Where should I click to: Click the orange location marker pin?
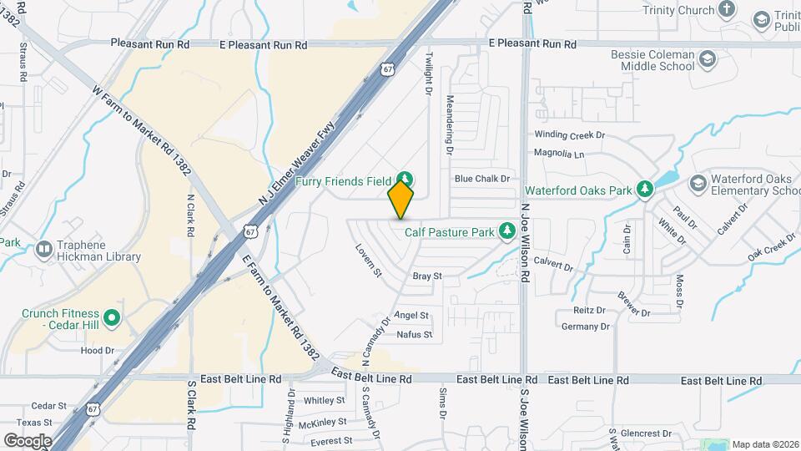tap(401, 199)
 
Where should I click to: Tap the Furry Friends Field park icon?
tap(405, 179)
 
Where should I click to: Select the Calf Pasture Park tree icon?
tap(506, 231)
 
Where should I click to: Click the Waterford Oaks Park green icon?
tap(644, 190)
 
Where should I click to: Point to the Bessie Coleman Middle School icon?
tap(708, 59)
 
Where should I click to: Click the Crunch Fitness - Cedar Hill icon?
tap(113, 318)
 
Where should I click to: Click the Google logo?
tap(28, 440)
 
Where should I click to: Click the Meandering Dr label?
tap(449, 125)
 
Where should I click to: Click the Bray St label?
tap(426, 276)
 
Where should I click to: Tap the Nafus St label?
tap(414, 335)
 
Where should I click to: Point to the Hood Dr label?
tap(97, 351)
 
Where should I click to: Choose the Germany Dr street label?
tap(581, 326)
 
